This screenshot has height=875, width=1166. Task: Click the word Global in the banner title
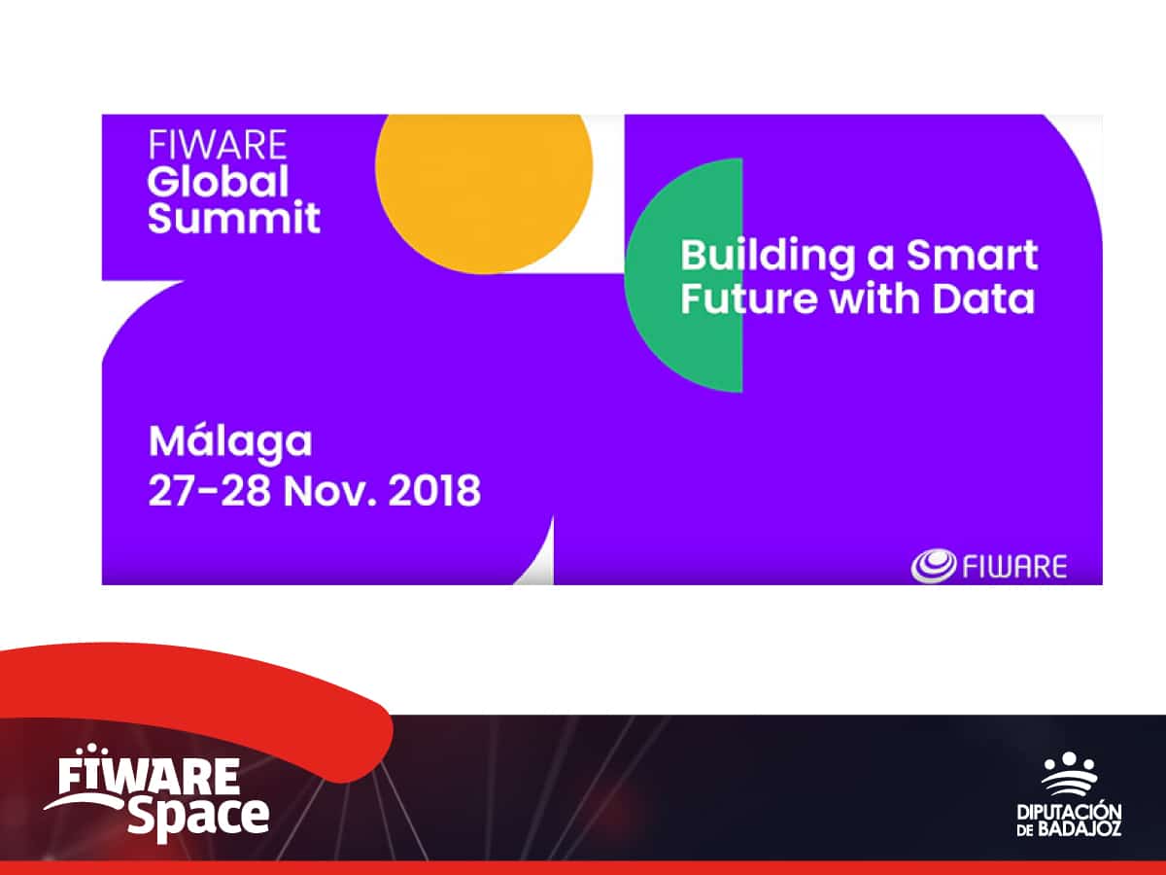click(219, 181)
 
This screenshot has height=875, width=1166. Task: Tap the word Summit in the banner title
click(233, 218)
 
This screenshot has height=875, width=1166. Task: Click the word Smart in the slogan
click(972, 256)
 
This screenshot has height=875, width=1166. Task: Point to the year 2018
click(434, 491)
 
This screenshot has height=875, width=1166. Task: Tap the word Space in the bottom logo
click(198, 814)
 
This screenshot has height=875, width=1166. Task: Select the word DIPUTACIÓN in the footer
click(1069, 811)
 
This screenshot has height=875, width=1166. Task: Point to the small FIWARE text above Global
click(218, 146)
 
